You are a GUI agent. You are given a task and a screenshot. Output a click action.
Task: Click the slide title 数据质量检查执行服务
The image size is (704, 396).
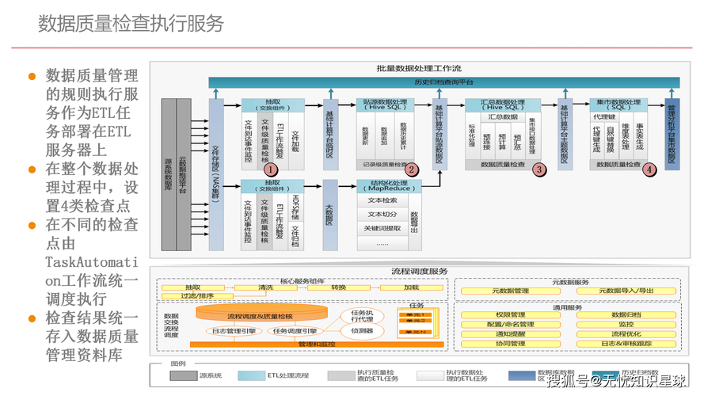pyautogui.click(x=131, y=23)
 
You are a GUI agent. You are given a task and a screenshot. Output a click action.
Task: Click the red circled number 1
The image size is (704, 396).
pyautogui.click(x=270, y=169)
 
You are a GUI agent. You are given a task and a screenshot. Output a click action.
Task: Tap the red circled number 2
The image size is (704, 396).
pyautogui.click(x=411, y=169)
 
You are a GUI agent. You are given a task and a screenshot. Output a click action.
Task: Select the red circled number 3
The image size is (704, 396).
pyautogui.click(x=539, y=169)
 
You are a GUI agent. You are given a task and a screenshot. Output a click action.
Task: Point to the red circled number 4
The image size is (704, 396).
pyautogui.click(x=649, y=169)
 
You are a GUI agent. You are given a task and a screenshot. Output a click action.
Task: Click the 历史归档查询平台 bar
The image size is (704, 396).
pyautogui.click(x=443, y=82)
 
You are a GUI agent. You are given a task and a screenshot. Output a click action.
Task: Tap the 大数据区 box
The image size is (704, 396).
pyautogui.click(x=329, y=214)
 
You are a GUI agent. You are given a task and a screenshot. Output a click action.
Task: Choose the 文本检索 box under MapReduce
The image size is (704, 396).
pyautogui.click(x=382, y=200)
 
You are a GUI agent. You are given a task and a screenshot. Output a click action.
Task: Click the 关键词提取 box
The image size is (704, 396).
pyautogui.click(x=382, y=228)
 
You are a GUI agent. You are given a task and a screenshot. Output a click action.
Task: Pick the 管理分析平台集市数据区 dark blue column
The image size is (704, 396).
pyautogui.click(x=672, y=135)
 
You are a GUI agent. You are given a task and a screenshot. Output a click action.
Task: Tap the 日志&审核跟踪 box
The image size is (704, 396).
pyautogui.click(x=626, y=344)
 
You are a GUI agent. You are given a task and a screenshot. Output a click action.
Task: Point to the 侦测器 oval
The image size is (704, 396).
pyautogui.click(x=362, y=329)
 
